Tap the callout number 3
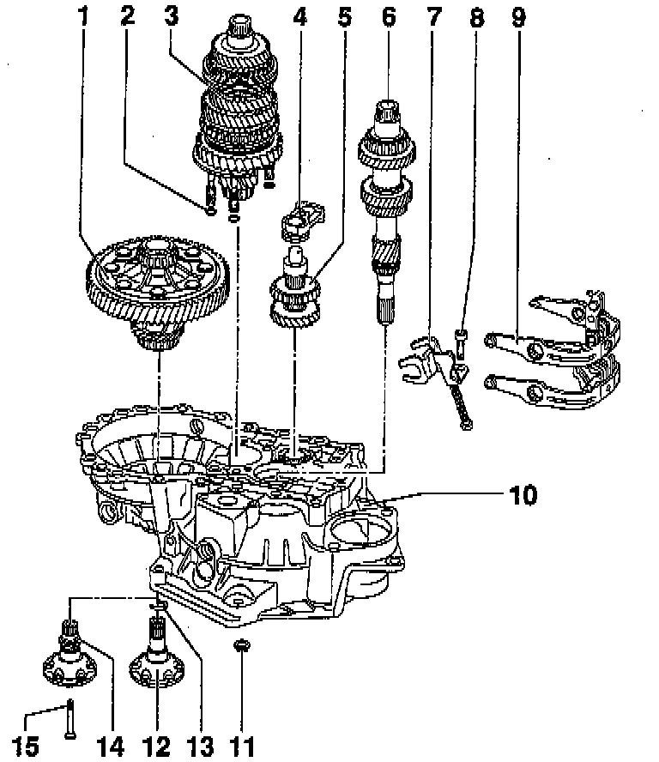click(x=172, y=15)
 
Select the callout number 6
click(x=389, y=15)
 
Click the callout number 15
click(x=27, y=746)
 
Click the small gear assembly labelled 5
click(x=294, y=296)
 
